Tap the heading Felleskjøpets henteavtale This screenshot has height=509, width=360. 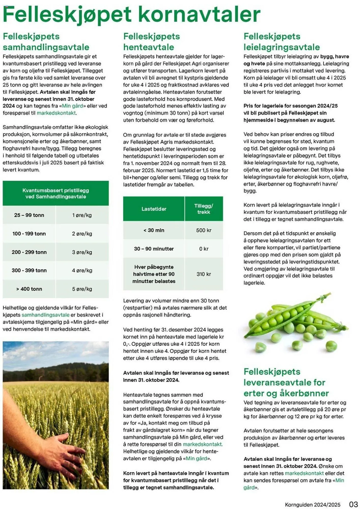pos(151,42)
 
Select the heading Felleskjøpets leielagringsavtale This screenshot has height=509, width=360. pos(281,42)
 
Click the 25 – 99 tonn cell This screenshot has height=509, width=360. pos(29,215)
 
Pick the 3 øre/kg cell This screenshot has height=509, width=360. pos(82,252)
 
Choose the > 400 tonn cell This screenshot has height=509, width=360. pos(29,289)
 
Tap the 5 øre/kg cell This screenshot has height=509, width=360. pos(82,289)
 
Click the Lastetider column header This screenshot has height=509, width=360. pos(154,209)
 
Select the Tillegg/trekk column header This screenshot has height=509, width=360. pos(204,209)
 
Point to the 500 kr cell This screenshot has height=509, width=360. pos(204,230)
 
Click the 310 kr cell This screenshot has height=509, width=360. pos(204,274)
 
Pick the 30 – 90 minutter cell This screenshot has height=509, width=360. pos(154,249)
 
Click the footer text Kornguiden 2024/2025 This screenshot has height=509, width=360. pos(313,505)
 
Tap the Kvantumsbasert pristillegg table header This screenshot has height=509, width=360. pos(56,193)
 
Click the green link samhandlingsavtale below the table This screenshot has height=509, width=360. pos(46,315)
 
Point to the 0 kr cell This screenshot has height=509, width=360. pos(204,249)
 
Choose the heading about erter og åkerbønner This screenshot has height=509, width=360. pos(286,383)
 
